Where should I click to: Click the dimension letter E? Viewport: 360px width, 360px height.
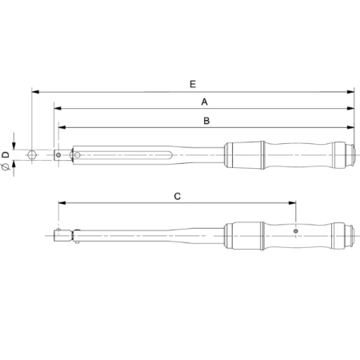[193, 83]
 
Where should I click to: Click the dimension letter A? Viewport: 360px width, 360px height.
[205, 102]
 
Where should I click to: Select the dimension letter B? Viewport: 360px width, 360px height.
[206, 121]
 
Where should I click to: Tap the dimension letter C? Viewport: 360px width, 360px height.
[178, 195]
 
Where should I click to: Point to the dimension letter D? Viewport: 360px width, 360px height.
[6, 152]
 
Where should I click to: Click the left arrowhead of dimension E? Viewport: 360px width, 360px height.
[35, 91]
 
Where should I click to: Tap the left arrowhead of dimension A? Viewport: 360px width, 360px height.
[58, 109]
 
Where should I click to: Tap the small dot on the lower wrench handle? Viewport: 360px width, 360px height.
[296, 232]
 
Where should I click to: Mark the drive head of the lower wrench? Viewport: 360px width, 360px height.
[61, 235]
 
